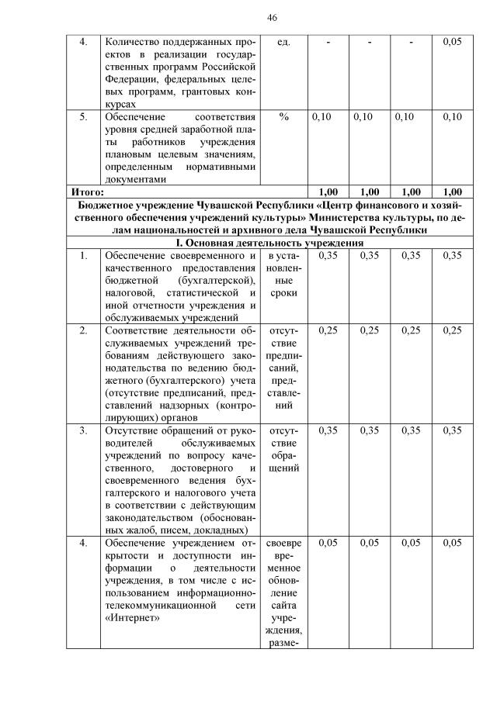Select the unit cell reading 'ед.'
point(283,42)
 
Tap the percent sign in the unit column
point(283,116)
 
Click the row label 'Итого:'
point(88,192)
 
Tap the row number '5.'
point(83,116)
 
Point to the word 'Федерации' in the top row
point(130,78)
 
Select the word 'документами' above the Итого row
point(135,178)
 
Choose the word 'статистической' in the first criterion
point(201,292)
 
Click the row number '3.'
point(83,429)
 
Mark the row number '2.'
point(83,330)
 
